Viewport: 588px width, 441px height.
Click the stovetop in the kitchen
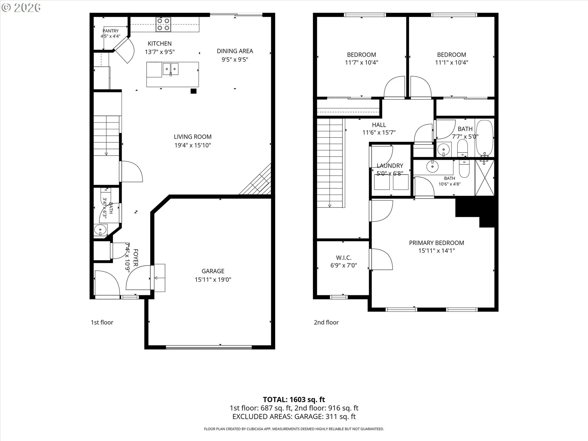pyautogui.click(x=163, y=24)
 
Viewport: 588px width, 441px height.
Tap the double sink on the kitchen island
pyautogui.click(x=170, y=69)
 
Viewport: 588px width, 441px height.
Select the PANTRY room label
pyautogui.click(x=111, y=31)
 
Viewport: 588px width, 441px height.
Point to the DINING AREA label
pyautogui.click(x=235, y=51)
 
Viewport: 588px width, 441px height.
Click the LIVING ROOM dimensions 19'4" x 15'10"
pyautogui.click(x=193, y=145)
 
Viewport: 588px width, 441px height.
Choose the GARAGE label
pyautogui.click(x=213, y=271)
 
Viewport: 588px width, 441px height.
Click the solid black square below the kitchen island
pyautogui.click(x=194, y=91)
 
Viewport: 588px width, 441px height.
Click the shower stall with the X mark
pyautogui.click(x=484, y=178)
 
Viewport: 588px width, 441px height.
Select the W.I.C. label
pyautogui.click(x=344, y=258)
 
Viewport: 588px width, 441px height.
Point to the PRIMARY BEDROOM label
pyautogui.click(x=436, y=243)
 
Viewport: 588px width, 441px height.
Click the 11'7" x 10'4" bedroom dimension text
pyautogui.click(x=361, y=62)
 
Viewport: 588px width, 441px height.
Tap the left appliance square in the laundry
pyautogui.click(x=382, y=182)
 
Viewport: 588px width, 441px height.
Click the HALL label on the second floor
pyautogui.click(x=379, y=125)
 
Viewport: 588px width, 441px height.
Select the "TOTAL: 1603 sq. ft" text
pyautogui.click(x=294, y=399)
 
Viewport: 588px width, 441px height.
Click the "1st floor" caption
pyautogui.click(x=102, y=322)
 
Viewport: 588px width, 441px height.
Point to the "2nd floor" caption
pyautogui.click(x=326, y=322)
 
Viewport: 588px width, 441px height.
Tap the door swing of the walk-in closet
pyautogui.click(x=382, y=259)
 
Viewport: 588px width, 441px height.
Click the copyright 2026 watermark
pyautogui.click(x=21, y=8)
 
